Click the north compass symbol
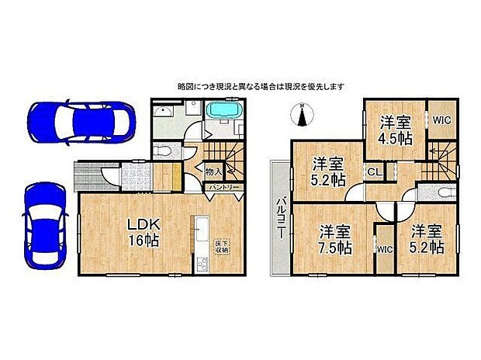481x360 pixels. [x=303, y=116]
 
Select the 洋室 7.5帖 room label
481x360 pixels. [x=336, y=240]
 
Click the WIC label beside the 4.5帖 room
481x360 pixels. [x=442, y=119]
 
